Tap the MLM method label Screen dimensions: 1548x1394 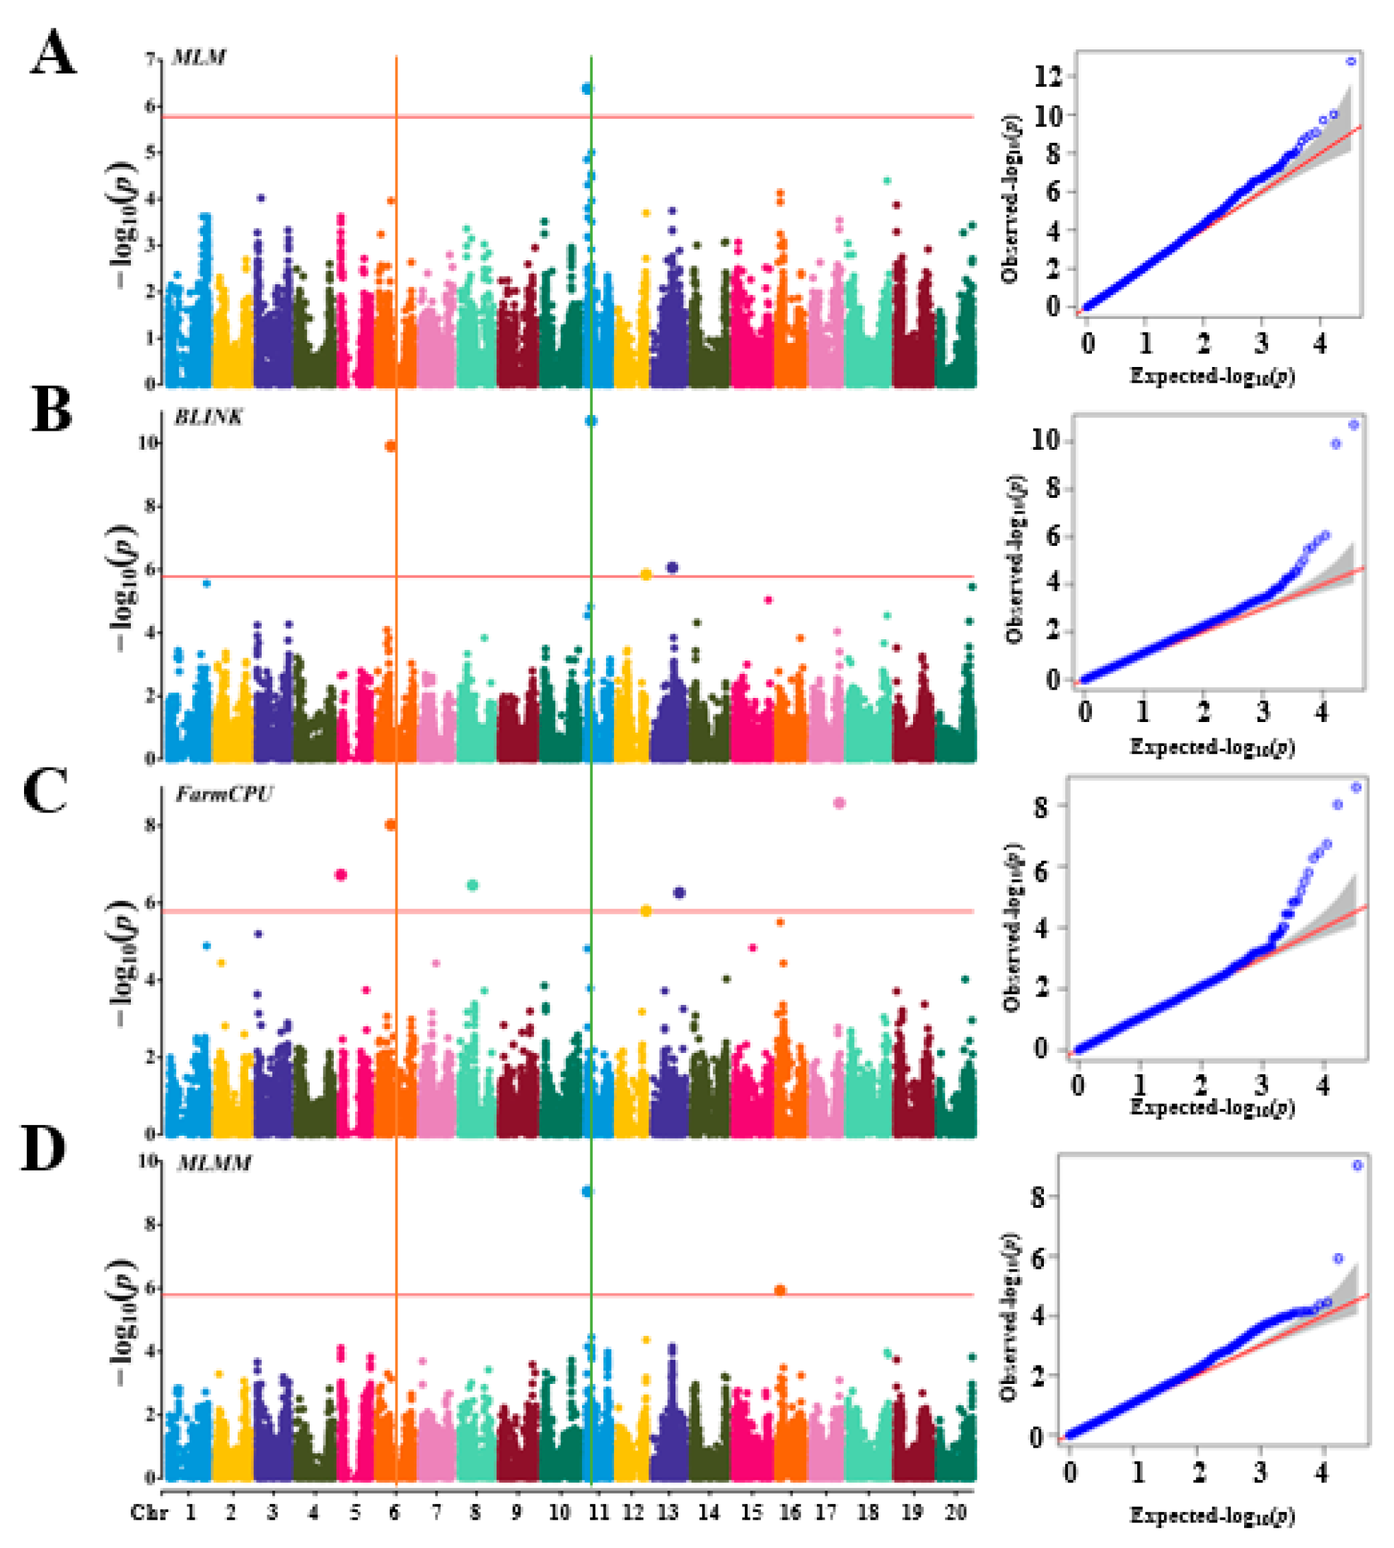[198, 57]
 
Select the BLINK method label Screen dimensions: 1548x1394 [209, 417]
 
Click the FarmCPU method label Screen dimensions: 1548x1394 [223, 793]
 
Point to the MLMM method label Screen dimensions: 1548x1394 [214, 1163]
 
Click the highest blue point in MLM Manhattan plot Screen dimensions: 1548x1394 [588, 89]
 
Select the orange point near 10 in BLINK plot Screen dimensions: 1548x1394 [390, 446]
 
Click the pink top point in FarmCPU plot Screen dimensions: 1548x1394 [840, 803]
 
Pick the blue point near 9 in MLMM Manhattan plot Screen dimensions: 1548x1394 [588, 1192]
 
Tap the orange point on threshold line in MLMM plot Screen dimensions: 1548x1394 [781, 1291]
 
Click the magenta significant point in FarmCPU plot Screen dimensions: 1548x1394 [342, 875]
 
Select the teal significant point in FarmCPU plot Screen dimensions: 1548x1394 [472, 885]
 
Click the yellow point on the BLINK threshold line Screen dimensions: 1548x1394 [646, 574]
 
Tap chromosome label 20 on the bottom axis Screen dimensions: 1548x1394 [956, 1512]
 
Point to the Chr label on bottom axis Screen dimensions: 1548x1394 [148, 1513]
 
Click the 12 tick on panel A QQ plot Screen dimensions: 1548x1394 [1047, 76]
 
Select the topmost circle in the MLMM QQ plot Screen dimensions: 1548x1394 [1357, 1165]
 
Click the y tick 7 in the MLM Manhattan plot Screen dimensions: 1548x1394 [151, 59]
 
